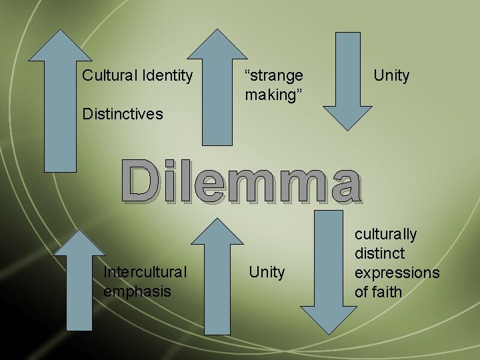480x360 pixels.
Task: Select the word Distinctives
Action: [x=122, y=114]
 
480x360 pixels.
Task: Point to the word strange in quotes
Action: [x=274, y=75]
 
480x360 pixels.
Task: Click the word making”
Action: [x=270, y=95]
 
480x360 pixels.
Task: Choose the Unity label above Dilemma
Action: [x=391, y=75]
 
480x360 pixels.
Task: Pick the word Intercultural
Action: [x=145, y=272]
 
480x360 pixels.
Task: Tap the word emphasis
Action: [x=137, y=291]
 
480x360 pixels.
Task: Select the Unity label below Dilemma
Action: [x=267, y=272]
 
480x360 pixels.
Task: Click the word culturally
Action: [x=385, y=234]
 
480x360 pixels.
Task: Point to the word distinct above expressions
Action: [x=379, y=253]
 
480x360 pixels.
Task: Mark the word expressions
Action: [x=397, y=273]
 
